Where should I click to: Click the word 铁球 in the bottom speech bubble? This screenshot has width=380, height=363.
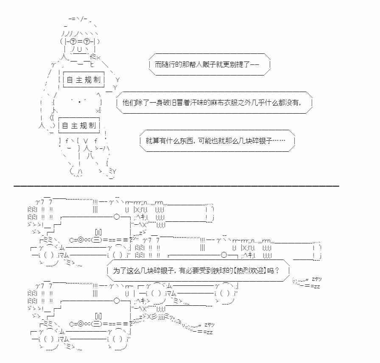click(211, 270)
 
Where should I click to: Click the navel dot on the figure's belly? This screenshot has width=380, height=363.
click(80, 102)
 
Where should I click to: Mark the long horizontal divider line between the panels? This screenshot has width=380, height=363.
click(176, 185)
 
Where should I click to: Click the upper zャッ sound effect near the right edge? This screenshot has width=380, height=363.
click(316, 279)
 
